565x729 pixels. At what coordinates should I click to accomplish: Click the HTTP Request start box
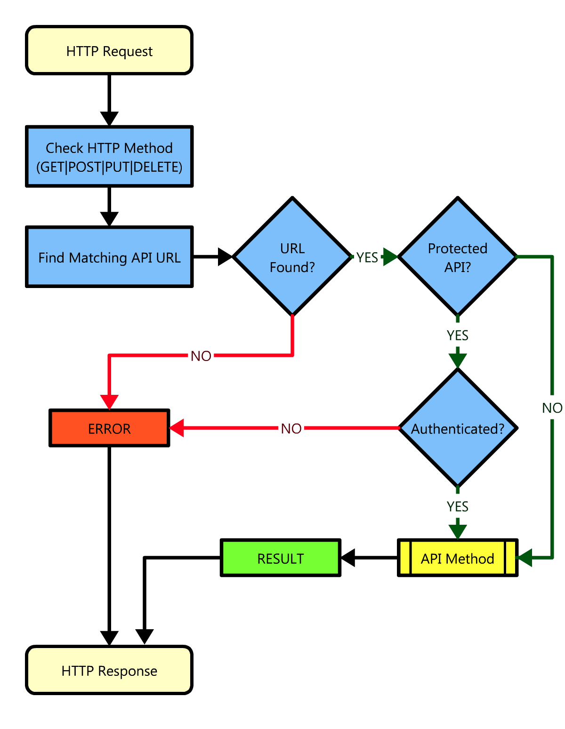coord(109,50)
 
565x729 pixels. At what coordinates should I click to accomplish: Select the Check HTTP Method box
coord(109,157)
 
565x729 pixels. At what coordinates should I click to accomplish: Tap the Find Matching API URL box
coord(109,257)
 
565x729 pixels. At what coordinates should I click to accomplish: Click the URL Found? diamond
coord(292,257)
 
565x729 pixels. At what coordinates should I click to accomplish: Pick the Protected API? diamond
coord(457,257)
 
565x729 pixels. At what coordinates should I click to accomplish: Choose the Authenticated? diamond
coord(457,428)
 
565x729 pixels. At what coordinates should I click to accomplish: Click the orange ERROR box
coord(109,428)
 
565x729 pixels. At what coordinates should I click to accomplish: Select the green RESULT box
coord(281,558)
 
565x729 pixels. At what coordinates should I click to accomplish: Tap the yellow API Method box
coord(457,558)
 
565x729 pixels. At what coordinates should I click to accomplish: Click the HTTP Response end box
coord(109,670)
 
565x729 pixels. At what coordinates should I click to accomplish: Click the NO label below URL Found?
coord(201,356)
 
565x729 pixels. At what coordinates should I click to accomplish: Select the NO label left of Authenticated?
coord(291,429)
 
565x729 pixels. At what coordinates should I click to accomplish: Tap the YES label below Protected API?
coord(457,336)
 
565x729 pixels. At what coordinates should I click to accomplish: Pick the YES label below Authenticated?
coord(457,507)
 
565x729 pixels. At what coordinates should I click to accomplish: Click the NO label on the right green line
coord(552,408)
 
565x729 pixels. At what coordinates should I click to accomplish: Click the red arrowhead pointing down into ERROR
coord(109,401)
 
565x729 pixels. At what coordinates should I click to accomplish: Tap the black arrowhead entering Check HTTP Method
coord(109,118)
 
